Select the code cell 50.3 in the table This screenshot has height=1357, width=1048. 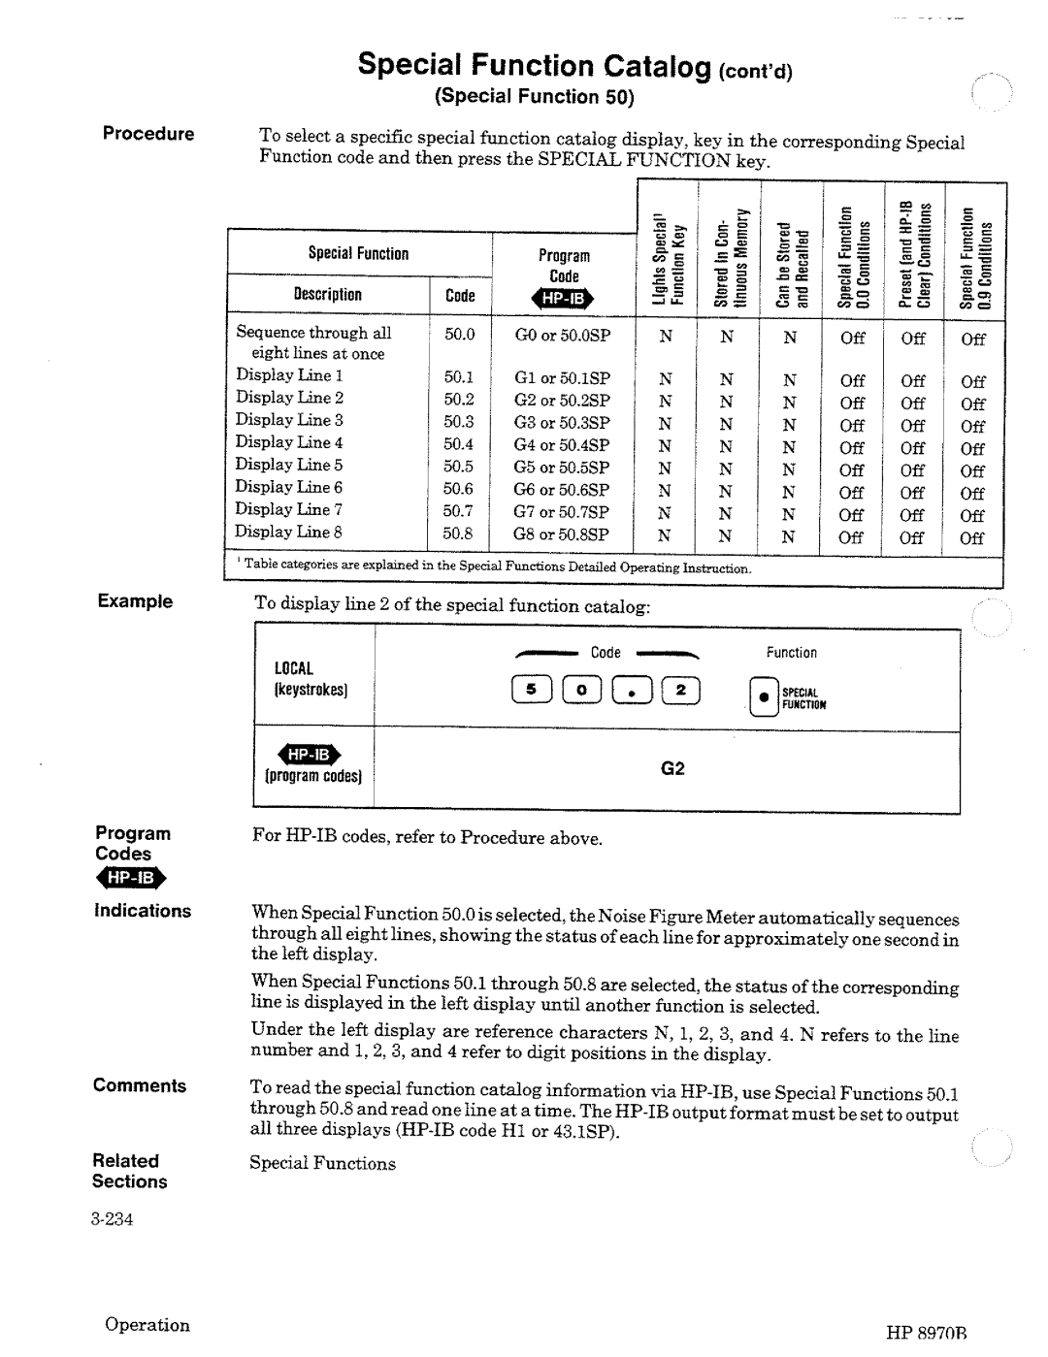click(459, 422)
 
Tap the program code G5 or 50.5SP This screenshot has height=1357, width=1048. click(562, 467)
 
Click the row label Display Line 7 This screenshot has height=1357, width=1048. click(288, 510)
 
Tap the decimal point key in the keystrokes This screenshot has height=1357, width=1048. click(633, 691)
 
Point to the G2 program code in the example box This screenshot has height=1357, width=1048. click(672, 769)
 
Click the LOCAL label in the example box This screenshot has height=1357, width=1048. click(294, 668)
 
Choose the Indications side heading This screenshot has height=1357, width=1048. click(143, 911)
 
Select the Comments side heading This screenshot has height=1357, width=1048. click(140, 1086)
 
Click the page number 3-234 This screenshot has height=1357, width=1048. click(113, 1218)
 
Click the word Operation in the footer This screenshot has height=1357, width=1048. click(147, 1325)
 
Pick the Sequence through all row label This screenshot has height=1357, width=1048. click(313, 333)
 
